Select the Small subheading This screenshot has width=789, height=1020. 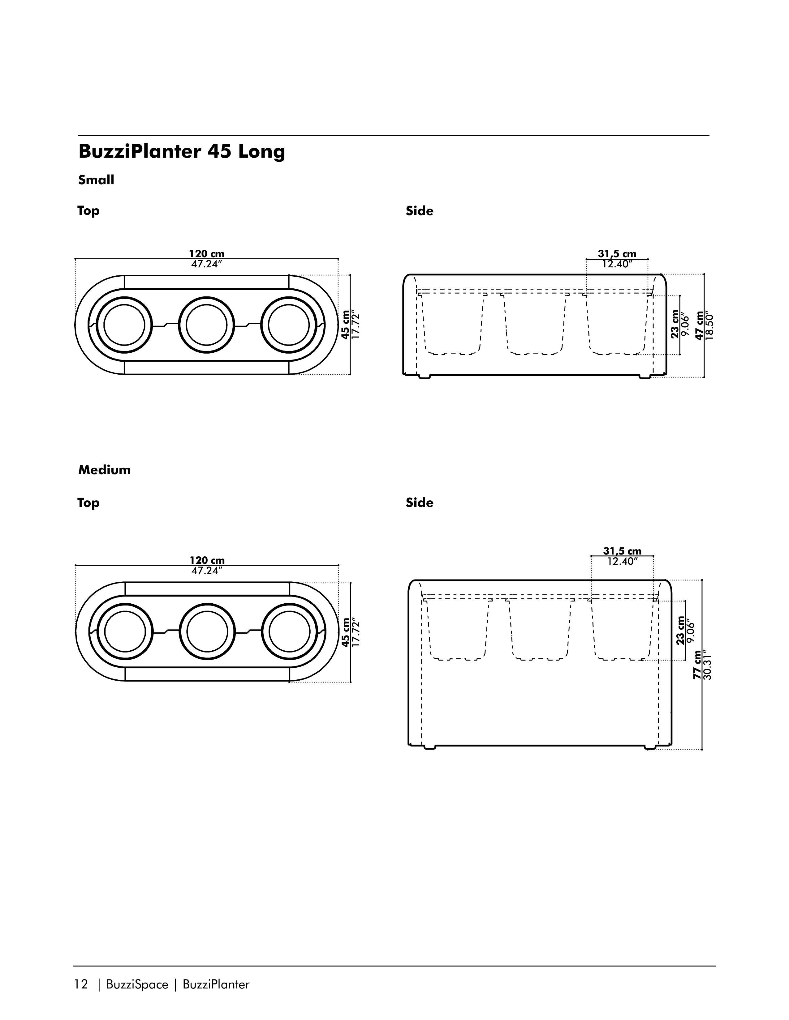(96, 180)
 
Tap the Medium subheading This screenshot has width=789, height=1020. (104, 470)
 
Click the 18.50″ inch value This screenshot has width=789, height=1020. (709, 326)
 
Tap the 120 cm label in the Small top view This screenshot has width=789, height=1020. (207, 254)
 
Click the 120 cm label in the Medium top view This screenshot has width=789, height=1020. (207, 560)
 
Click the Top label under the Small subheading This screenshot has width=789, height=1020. (88, 211)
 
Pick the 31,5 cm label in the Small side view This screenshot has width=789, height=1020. (617, 254)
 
